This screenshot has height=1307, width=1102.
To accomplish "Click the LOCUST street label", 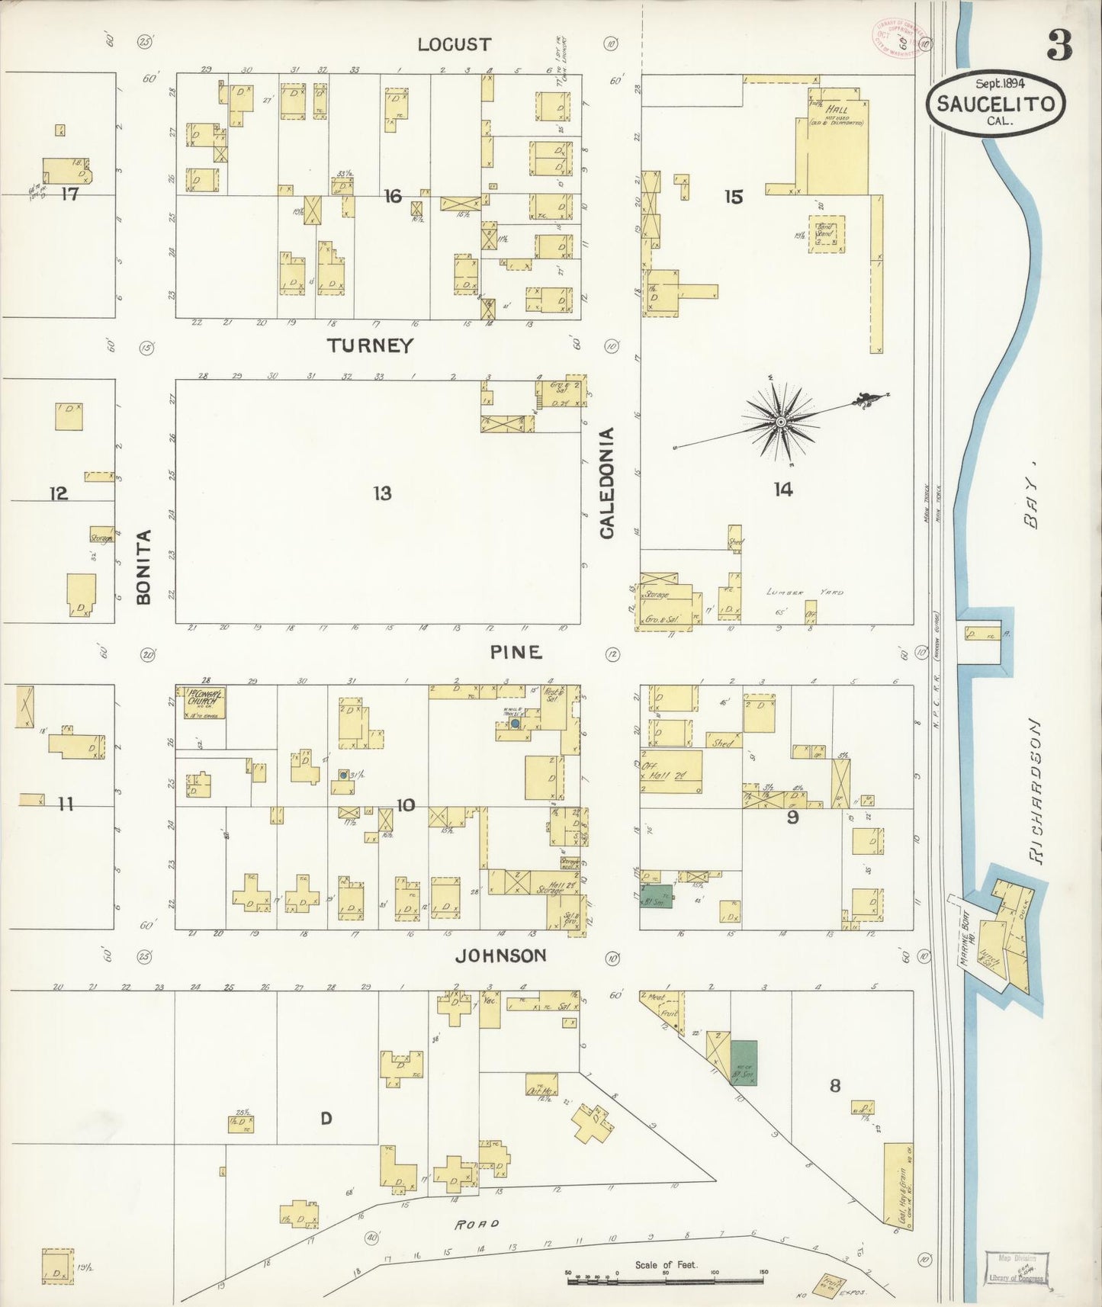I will tap(454, 44).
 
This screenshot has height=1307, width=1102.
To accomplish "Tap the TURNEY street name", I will tap(370, 345).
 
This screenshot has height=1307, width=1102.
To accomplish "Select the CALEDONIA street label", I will tap(607, 483).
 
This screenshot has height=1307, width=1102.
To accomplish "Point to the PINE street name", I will tap(516, 652).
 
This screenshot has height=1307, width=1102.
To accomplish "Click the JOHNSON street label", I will tap(501, 955).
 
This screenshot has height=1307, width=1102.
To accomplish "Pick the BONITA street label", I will tap(144, 567).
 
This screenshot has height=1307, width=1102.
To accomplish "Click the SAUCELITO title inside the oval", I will tap(995, 104).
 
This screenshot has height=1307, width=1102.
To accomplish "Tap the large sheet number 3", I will tap(1059, 46).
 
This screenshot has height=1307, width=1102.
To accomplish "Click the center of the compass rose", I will tap(780, 421).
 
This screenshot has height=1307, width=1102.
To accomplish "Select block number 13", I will tap(382, 493).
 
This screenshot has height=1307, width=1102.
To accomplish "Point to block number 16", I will tap(392, 197).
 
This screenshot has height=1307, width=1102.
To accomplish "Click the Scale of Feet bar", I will tap(667, 1283).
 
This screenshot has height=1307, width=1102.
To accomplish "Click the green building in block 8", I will tap(744, 1063).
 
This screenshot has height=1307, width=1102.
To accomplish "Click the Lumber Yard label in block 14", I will tap(805, 592).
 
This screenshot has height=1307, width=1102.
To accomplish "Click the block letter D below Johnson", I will tap(326, 1119).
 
